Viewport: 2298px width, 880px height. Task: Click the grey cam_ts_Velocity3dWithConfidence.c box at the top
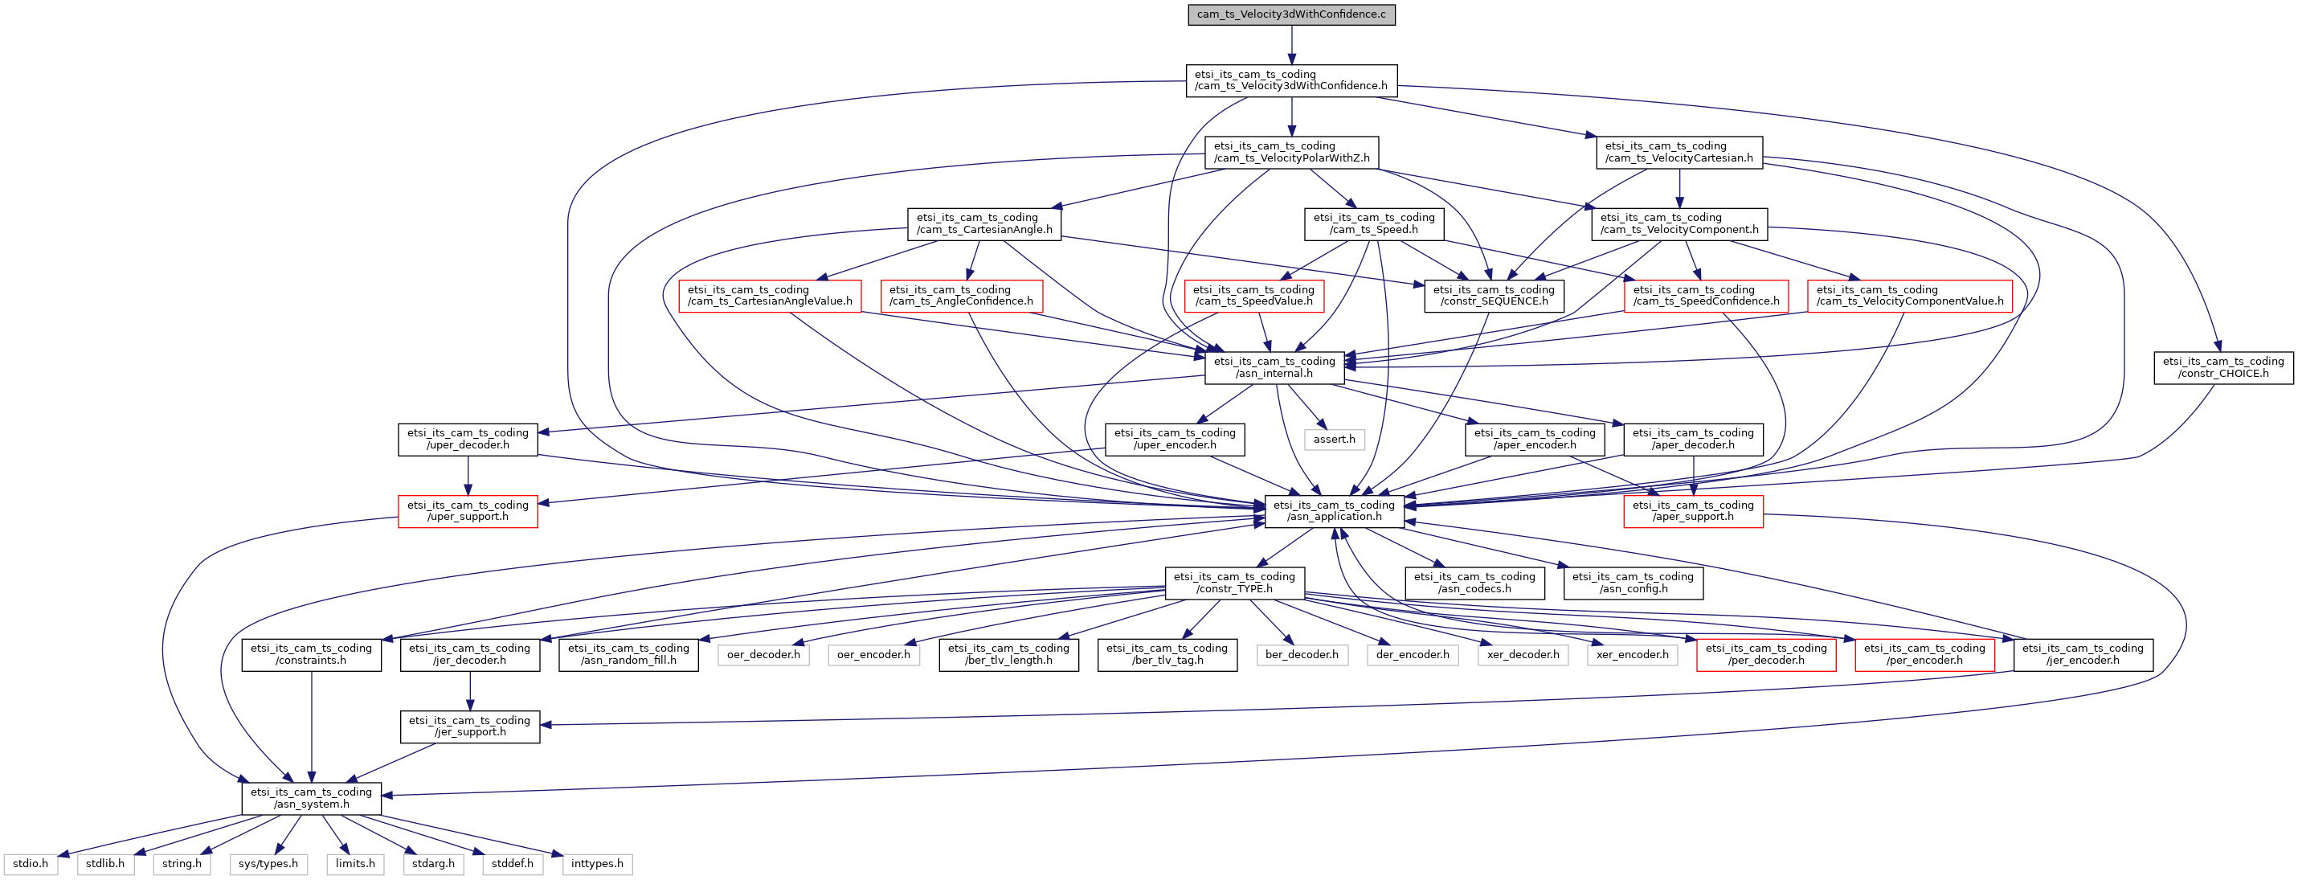pyautogui.click(x=1291, y=14)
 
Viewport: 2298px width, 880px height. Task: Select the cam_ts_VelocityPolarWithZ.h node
pyautogui.click(x=1291, y=152)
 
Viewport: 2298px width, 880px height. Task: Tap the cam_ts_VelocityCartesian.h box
pyautogui.click(x=1679, y=152)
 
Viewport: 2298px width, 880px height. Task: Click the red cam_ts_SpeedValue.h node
pyautogui.click(x=1253, y=296)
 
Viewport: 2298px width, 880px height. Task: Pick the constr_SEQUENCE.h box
pyautogui.click(x=1495, y=296)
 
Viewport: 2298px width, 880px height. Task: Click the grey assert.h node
pyautogui.click(x=1334, y=439)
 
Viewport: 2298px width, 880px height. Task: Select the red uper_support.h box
pyautogui.click(x=468, y=511)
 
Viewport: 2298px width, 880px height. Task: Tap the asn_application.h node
pyautogui.click(x=1334, y=511)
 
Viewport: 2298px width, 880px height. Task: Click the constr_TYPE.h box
pyautogui.click(x=1235, y=583)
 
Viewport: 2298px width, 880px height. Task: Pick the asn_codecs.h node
pyautogui.click(x=1474, y=583)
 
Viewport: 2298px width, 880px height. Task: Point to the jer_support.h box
pyautogui.click(x=469, y=727)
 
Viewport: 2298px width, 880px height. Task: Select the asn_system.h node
pyautogui.click(x=311, y=799)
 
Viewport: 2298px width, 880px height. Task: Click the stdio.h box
pyautogui.click(x=31, y=864)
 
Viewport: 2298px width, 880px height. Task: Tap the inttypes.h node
pyautogui.click(x=597, y=864)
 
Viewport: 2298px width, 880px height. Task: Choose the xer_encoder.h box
pyautogui.click(x=1633, y=655)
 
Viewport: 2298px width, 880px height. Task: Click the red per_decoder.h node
pyautogui.click(x=1765, y=655)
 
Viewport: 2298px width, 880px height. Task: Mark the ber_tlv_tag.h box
pyautogui.click(x=1167, y=655)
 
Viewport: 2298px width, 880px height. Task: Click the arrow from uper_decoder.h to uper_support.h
pyautogui.click(x=468, y=476)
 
